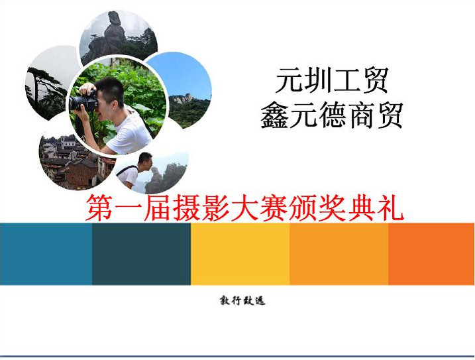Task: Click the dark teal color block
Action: [x=142, y=254]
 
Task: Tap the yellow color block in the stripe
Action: [x=240, y=254]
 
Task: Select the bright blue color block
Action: [x=46, y=254]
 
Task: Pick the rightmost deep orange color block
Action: [x=431, y=254]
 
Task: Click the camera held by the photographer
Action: [x=83, y=100]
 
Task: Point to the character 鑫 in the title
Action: [x=274, y=115]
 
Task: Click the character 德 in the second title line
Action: [x=332, y=115]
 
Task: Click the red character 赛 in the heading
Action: [x=274, y=208]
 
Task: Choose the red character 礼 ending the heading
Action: [x=390, y=208]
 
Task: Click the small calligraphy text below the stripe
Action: [x=242, y=301]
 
